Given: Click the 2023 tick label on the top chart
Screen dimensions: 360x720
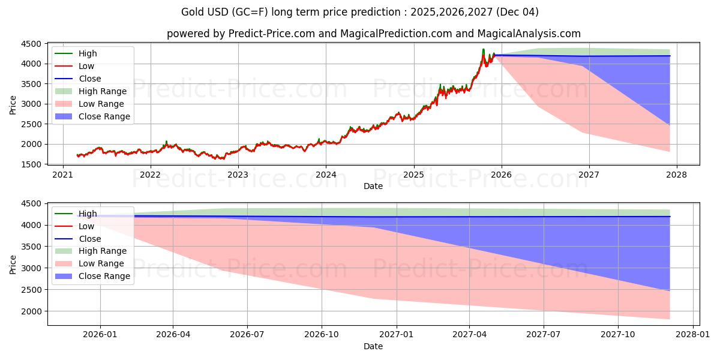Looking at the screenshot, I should pos(238,175).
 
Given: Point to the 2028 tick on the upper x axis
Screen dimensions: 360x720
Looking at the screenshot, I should pos(676,175).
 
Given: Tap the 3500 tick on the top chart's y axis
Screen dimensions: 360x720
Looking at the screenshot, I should pos(33,84).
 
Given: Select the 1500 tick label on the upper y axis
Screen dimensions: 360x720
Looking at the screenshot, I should pos(33,164).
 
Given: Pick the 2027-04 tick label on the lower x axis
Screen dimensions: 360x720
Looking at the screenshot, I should pos(470,335).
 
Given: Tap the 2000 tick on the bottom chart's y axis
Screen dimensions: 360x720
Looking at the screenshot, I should pos(33,311).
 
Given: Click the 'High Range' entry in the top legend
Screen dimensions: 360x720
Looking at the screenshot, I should pos(102,91).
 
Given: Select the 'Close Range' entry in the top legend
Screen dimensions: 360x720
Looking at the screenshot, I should pos(104,116).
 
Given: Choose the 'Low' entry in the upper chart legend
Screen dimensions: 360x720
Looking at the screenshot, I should pos(86,66).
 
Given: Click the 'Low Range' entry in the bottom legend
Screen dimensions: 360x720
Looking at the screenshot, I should pos(101,263).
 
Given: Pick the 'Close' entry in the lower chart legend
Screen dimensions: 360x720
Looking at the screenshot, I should pos(89,239).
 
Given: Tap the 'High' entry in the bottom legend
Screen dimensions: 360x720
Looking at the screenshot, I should pos(88,214).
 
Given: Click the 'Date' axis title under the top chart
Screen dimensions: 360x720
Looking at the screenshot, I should pos(373,186).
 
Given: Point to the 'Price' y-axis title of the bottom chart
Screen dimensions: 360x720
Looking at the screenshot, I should pos(13,264).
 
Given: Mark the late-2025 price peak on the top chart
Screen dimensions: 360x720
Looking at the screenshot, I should pos(483,49).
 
